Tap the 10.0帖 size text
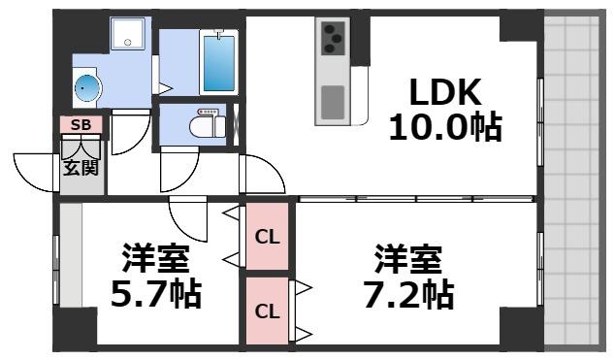(445, 127)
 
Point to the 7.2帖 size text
(409, 292)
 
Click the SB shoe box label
(81, 125)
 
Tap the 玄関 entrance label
(81, 166)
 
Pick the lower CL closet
(267, 311)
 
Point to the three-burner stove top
(333, 39)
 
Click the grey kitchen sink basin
(333, 99)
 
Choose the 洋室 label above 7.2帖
(409, 259)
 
